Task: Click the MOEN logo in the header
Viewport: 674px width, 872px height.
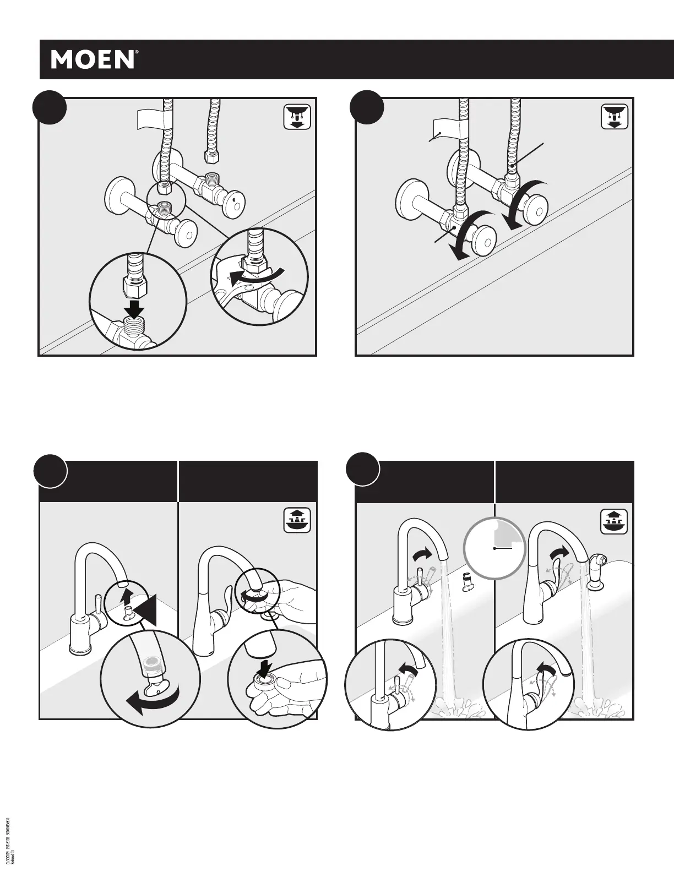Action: pyautogui.click(x=93, y=59)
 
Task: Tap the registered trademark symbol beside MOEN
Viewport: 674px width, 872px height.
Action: pyautogui.click(x=137, y=53)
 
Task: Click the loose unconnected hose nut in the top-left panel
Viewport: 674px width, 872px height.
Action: pyautogui.click(x=210, y=157)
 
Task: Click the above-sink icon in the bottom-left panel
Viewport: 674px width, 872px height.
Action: pyautogui.click(x=297, y=520)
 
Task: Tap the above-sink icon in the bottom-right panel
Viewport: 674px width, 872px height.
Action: pyautogui.click(x=613, y=520)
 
